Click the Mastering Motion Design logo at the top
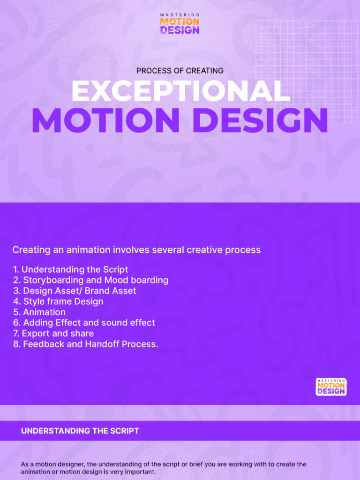[180, 24]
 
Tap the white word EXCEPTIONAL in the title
[180, 91]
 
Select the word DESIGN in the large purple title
[260, 120]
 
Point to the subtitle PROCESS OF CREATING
[180, 71]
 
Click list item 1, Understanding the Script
[70, 270]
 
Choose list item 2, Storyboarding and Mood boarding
[90, 280]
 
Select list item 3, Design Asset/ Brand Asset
[75, 291]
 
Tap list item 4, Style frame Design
[58, 302]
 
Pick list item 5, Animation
[39, 312]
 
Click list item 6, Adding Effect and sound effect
[84, 323]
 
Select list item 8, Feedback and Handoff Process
[85, 345]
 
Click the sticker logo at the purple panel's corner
[331, 387]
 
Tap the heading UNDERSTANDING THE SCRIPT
[80, 431]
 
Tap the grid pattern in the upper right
[307, 70]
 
